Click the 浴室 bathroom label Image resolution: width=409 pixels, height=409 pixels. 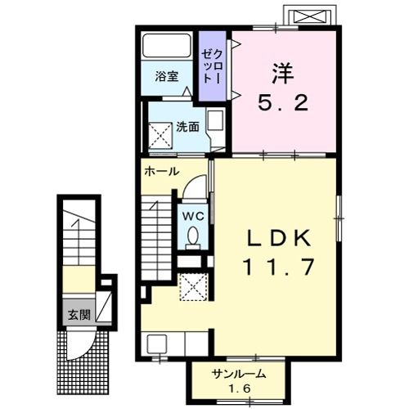click(x=167, y=77)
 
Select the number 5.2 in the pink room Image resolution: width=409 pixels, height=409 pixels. click(x=283, y=103)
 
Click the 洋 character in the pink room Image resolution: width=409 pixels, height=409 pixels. click(x=282, y=72)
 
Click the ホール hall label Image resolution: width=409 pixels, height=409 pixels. click(x=161, y=172)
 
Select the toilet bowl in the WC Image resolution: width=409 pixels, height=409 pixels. click(x=193, y=236)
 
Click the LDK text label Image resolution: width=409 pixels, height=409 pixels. click(x=280, y=238)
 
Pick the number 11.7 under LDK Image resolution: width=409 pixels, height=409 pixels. click(x=280, y=267)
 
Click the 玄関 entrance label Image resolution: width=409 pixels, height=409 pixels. click(x=79, y=313)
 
